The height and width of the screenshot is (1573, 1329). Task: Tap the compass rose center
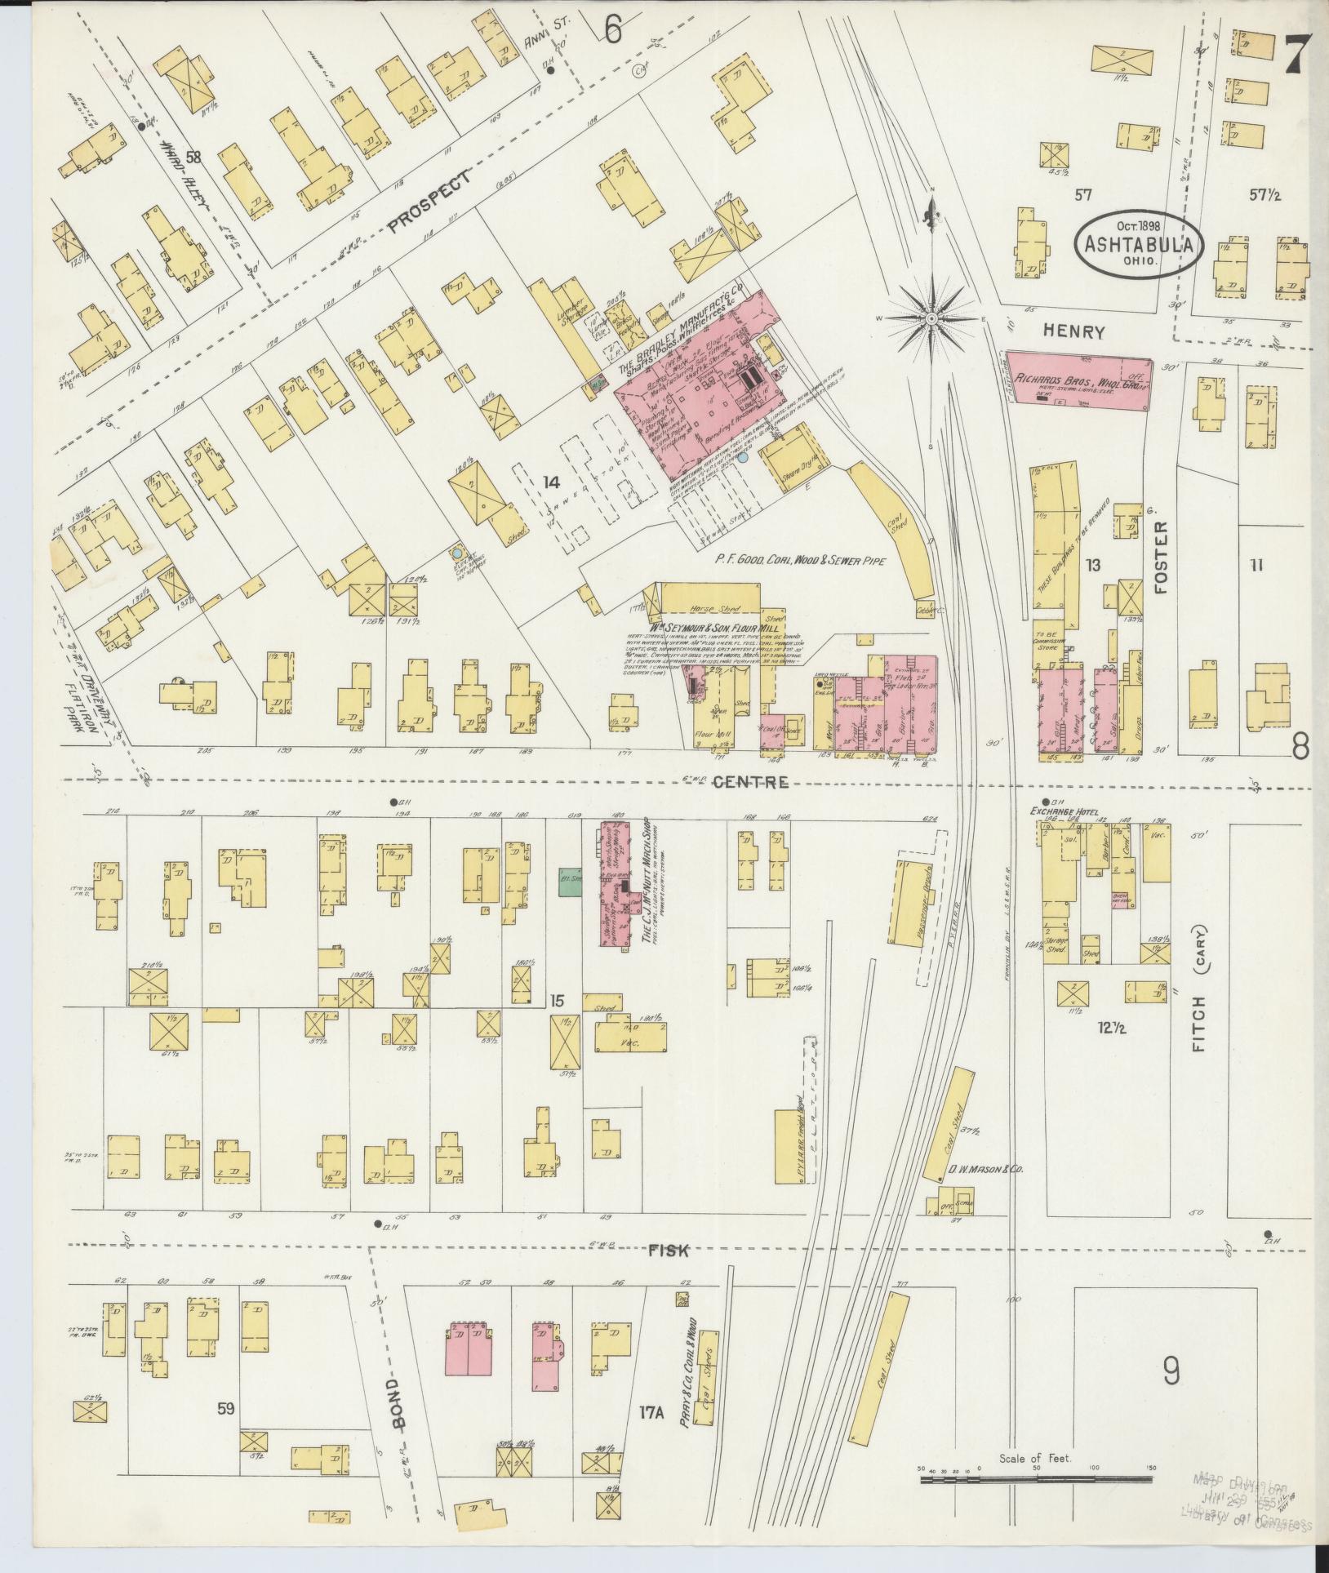coord(931,317)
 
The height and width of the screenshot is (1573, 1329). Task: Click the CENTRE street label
coord(750,783)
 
